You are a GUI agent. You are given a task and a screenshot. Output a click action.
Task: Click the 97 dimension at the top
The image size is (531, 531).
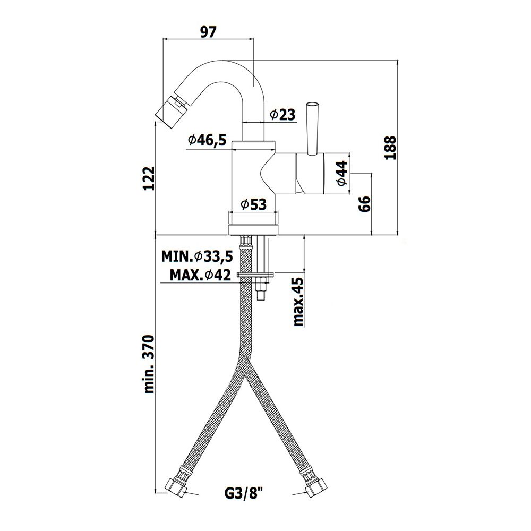208,32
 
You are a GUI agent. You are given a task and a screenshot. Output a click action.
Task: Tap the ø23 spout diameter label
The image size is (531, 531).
283,115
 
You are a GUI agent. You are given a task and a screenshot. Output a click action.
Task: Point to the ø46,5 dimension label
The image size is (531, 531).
207,140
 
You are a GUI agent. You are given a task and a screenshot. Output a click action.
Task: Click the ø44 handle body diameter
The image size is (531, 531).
342,173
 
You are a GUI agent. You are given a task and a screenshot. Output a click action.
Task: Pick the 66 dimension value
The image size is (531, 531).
365,204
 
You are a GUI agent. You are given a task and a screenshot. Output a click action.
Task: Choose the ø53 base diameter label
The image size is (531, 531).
254,204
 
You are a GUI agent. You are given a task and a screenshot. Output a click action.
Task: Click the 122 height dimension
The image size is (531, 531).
149,178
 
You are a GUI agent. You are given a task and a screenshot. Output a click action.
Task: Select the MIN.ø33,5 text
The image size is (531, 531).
197,256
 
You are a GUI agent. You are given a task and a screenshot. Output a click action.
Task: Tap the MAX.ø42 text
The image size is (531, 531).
200,275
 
